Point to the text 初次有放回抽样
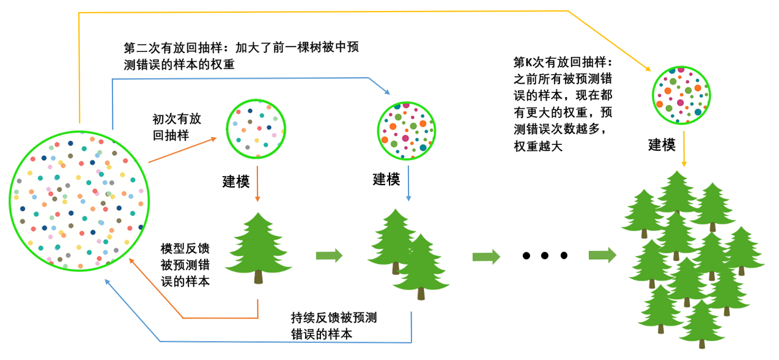[177, 127]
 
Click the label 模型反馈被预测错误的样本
[184, 265]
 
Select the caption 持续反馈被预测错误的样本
[334, 326]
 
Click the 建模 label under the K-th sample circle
[662, 145]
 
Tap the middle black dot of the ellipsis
[545, 255]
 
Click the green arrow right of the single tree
[329, 255]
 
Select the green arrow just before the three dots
[486, 255]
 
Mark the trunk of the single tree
[259, 277]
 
